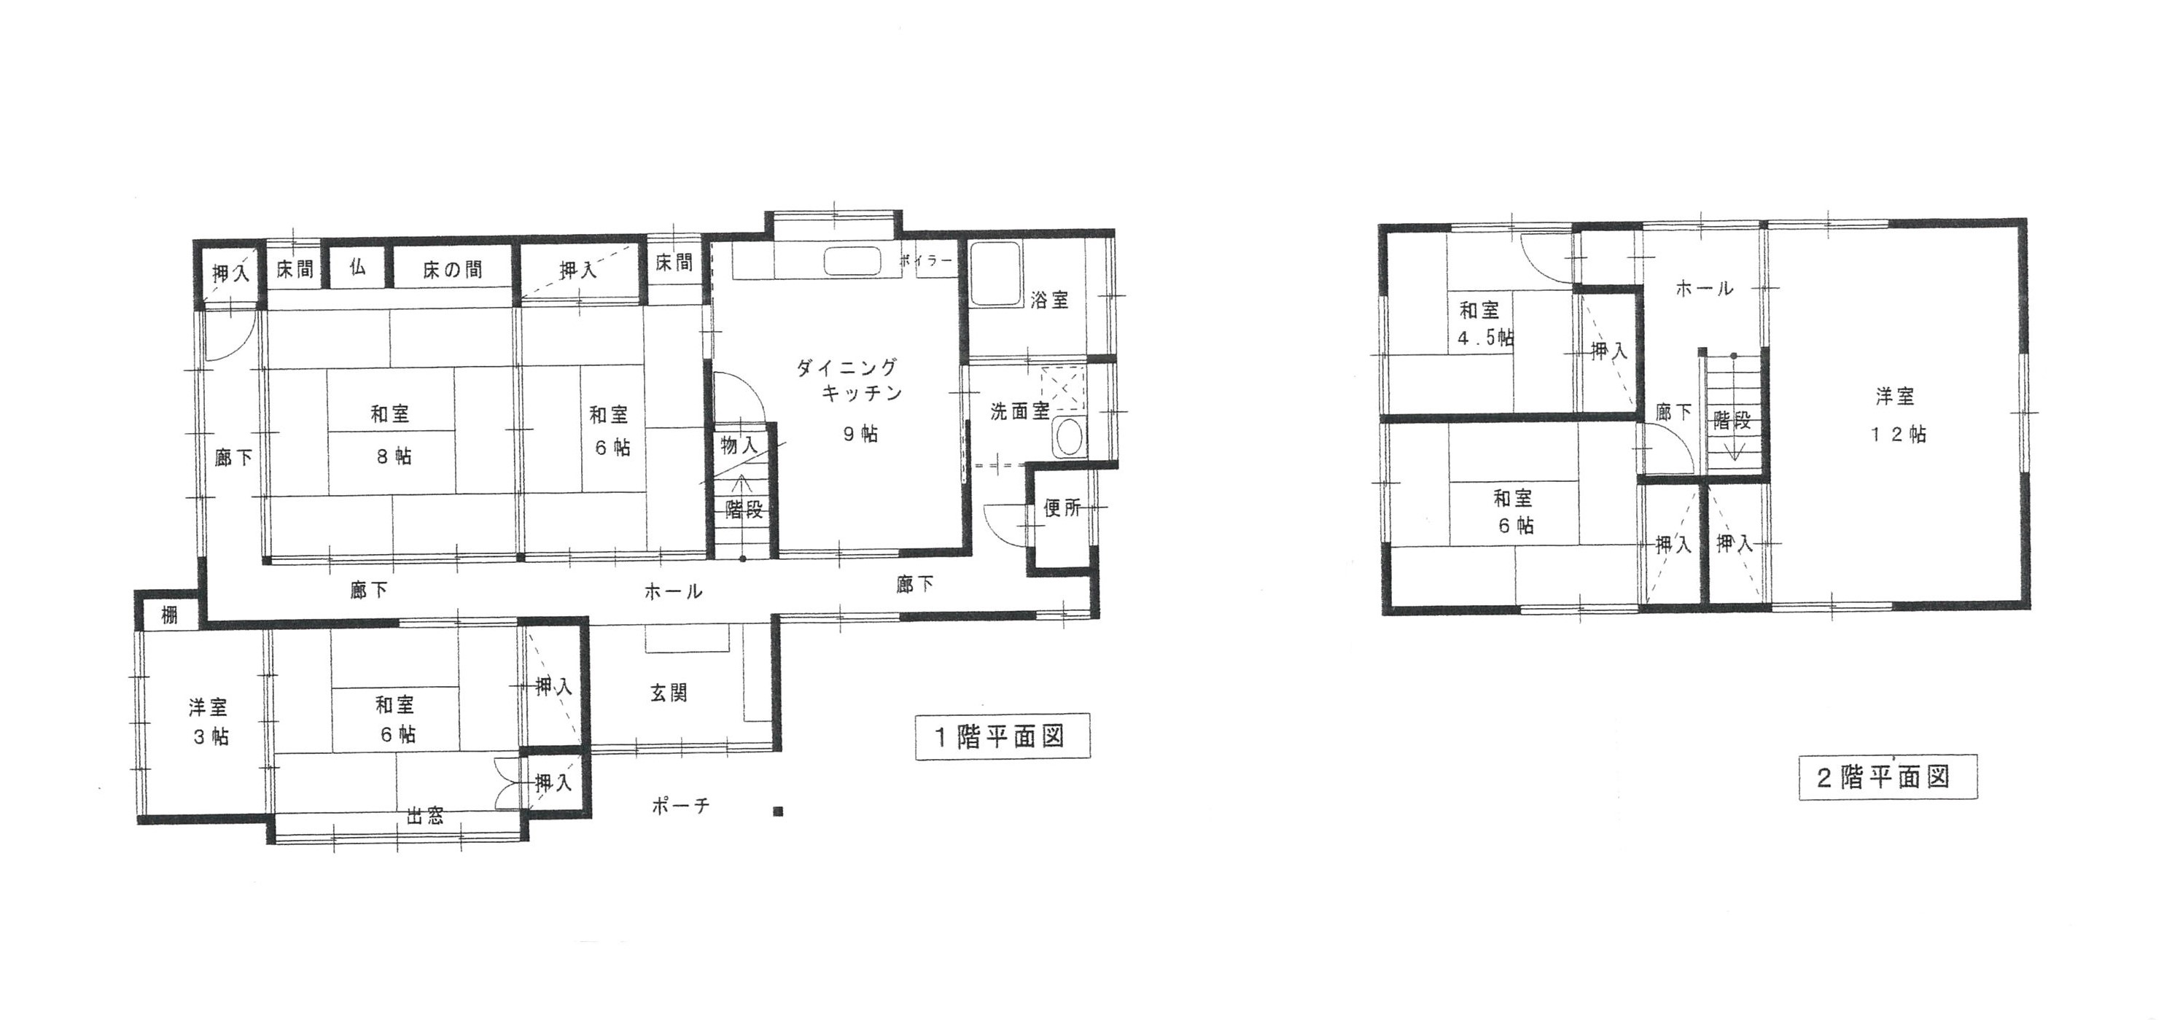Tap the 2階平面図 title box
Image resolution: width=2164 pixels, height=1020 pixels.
coord(1888,777)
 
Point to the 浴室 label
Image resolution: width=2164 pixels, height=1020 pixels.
coord(1050,300)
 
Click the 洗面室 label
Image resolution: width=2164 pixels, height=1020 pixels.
coord(1019,412)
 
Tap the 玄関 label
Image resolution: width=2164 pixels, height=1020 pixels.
coord(669,693)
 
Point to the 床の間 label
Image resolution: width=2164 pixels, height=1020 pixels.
coord(452,270)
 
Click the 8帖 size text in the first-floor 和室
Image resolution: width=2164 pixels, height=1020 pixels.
coord(393,457)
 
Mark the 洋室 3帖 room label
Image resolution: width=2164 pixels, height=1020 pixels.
coord(209,722)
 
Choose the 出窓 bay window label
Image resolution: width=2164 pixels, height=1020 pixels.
coord(425,816)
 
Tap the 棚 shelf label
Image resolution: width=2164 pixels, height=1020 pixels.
coord(170,616)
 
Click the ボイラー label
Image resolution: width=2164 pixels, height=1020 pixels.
coord(927,261)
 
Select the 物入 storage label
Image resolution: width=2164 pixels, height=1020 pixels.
coord(739,446)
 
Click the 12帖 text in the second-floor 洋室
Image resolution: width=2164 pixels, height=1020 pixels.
coord(1899,435)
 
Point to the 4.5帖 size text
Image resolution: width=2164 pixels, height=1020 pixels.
coord(1486,338)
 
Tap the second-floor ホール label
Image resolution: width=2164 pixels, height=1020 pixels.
coord(1705,289)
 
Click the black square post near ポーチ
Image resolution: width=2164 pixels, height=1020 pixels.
coord(779,812)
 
